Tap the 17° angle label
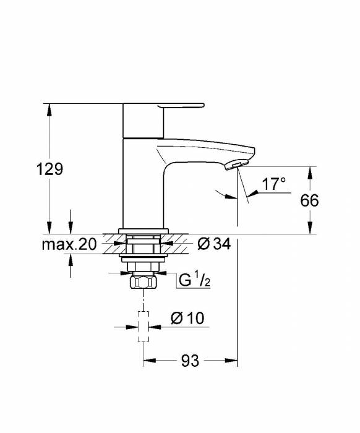coord(273,184)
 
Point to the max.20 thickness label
coord(69,244)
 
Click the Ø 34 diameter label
coord(213,244)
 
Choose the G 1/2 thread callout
coord(193,280)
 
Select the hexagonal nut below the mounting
coord(144,283)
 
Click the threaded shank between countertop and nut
coord(144,260)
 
